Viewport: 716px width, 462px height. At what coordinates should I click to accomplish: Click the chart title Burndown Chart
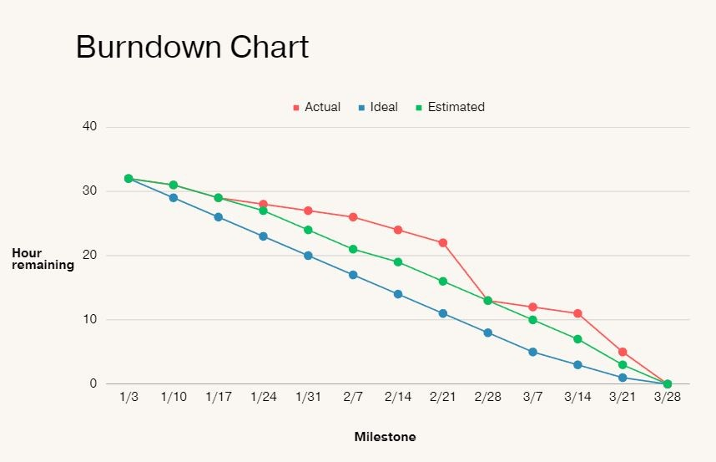(192, 47)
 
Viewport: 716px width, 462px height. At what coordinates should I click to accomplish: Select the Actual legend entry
(316, 107)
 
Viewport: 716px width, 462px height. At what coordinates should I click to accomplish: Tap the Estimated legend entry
(450, 107)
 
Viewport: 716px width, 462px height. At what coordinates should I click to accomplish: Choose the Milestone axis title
(385, 437)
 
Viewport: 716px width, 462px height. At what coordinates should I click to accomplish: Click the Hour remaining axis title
(43, 259)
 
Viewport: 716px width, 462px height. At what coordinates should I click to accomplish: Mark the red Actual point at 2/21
(443, 243)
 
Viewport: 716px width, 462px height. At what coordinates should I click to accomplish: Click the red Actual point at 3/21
(623, 352)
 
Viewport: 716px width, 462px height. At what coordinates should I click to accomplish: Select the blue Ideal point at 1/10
(174, 198)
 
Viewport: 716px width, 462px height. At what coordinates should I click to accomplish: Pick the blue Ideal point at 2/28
(488, 333)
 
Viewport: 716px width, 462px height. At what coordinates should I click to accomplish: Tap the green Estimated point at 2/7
(353, 249)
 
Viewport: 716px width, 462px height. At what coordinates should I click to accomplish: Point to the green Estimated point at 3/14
(577, 339)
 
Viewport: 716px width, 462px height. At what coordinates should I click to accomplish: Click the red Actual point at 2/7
(353, 217)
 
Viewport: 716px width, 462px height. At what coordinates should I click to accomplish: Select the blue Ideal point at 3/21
(623, 378)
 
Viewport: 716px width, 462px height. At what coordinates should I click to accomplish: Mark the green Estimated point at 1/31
(308, 230)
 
